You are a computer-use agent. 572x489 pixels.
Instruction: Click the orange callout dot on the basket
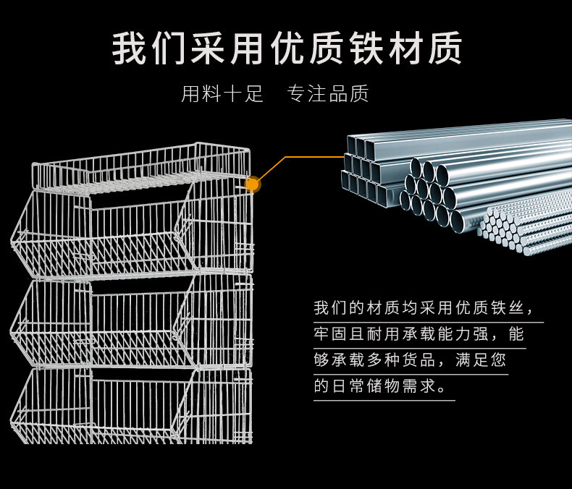[252, 184]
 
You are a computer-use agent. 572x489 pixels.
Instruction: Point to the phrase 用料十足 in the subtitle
[222, 93]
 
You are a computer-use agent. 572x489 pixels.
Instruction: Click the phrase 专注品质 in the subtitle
[327, 93]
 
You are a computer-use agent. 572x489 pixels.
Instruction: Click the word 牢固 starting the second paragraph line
[330, 334]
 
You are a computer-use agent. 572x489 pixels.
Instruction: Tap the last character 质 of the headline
[445, 48]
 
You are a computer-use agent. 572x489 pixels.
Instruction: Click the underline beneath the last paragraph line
[384, 401]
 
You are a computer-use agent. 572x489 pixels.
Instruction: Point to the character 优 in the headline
[287, 48]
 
